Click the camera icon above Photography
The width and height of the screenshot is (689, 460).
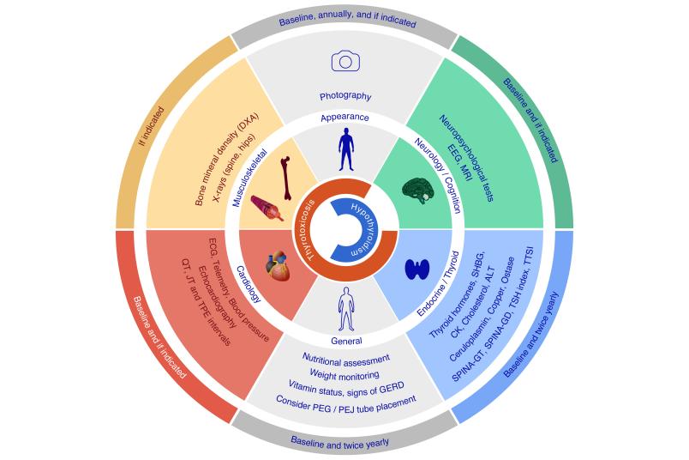click(x=345, y=61)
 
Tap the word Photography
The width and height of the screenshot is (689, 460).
click(x=345, y=96)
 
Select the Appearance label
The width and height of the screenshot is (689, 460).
click(x=345, y=117)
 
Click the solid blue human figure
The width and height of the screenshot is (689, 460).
click(x=346, y=149)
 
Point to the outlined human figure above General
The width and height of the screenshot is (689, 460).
click(x=346, y=309)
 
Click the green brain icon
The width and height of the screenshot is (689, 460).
click(x=418, y=191)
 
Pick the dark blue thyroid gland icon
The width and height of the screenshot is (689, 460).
click(x=417, y=269)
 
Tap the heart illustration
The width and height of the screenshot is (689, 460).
click(x=279, y=266)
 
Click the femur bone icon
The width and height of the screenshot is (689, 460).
click(x=286, y=179)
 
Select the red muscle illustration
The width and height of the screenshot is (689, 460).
click(x=267, y=208)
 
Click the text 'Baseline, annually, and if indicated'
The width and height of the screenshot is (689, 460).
click(x=348, y=20)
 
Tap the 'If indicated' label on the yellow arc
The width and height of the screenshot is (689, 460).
click(x=151, y=126)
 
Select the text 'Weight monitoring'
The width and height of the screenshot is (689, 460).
click(x=344, y=375)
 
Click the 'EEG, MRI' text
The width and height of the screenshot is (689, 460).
click(x=459, y=160)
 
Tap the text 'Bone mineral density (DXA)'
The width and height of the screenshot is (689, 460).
click(x=227, y=160)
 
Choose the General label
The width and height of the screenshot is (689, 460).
click(x=347, y=341)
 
